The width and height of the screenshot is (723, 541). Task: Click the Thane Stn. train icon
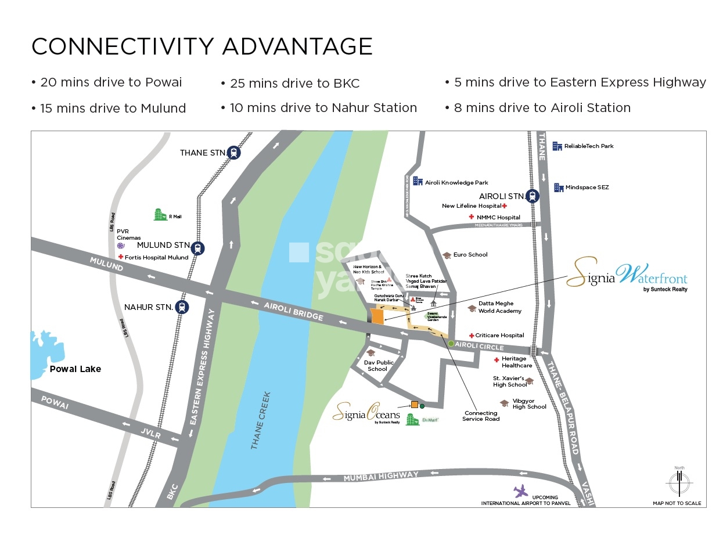[233, 153]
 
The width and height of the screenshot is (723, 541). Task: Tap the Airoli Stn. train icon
[532, 196]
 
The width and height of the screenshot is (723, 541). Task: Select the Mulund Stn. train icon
[199, 248]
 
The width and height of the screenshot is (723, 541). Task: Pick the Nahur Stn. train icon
[183, 306]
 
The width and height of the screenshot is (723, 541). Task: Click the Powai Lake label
[75, 369]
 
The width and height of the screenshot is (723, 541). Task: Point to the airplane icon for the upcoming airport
[521, 491]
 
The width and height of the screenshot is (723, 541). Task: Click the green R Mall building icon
[160, 215]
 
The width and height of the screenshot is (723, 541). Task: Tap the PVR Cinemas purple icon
[121, 246]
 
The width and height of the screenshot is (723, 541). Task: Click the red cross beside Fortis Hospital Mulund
[121, 257]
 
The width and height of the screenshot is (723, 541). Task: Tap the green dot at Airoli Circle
[451, 344]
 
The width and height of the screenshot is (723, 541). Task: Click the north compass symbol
[678, 482]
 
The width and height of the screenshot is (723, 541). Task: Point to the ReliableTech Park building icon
[557, 146]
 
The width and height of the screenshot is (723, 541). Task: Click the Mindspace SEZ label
[587, 187]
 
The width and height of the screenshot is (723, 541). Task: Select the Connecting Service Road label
[481, 416]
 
